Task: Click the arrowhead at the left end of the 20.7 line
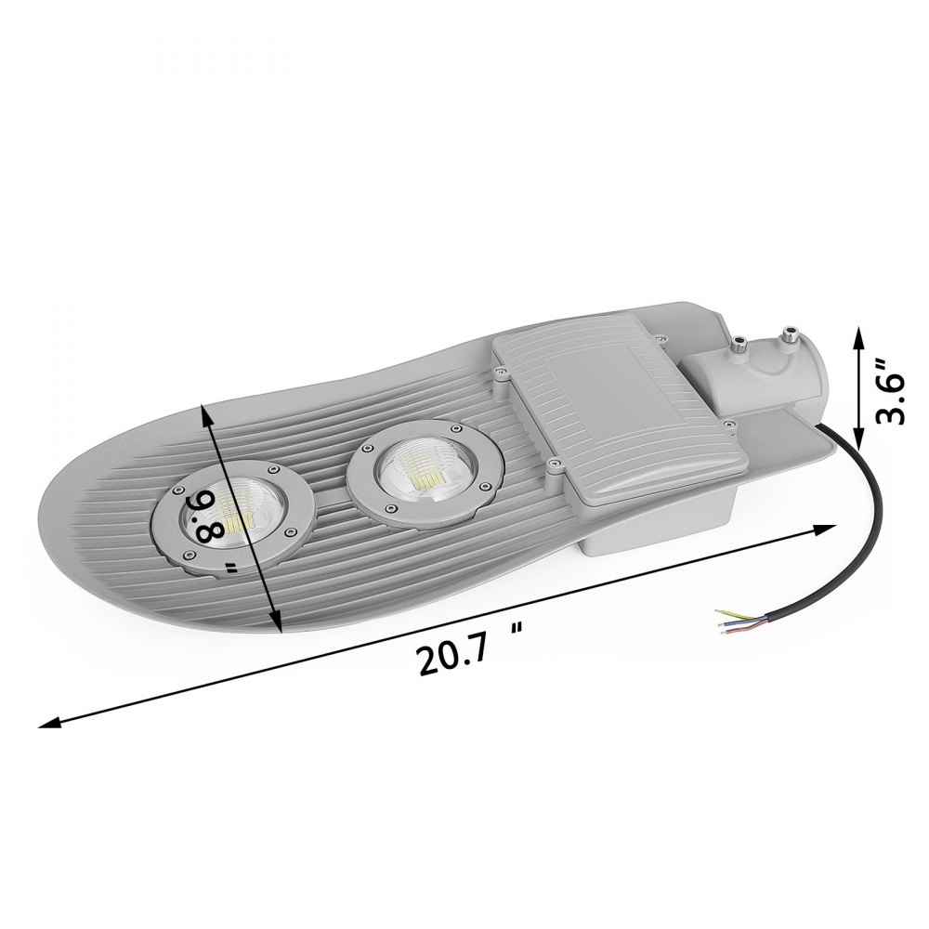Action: click(43, 726)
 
